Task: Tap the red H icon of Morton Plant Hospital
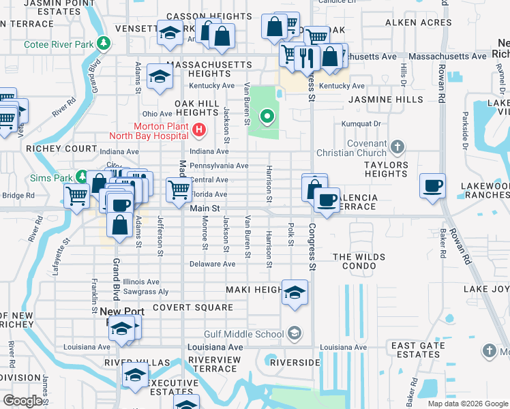(199, 129)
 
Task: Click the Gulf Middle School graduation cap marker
(295, 333)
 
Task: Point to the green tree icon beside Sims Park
(81, 177)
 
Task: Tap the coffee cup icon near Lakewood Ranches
(433, 185)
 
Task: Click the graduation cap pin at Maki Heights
(295, 292)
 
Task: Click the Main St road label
(205, 209)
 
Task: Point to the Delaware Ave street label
(212, 264)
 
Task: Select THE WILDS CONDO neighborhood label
(359, 262)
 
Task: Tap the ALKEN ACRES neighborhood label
(418, 22)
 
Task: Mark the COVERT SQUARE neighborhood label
(193, 307)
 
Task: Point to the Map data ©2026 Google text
(467, 404)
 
